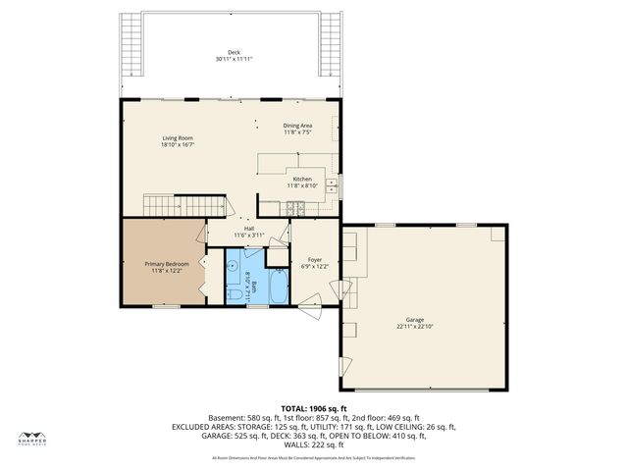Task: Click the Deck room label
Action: pos(234,52)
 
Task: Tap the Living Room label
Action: pos(177,138)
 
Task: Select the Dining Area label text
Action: pos(297,126)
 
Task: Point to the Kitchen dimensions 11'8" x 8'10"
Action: pos(302,184)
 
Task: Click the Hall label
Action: pos(250,229)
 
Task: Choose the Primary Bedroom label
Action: pos(167,264)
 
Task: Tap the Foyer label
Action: pos(314,260)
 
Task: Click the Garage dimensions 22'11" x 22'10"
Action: pos(416,326)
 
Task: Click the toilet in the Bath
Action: pos(234,292)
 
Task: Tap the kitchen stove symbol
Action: pos(293,207)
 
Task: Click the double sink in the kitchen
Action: pos(332,183)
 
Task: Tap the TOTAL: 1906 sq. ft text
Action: pos(314,408)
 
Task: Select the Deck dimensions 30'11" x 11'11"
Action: pos(234,59)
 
